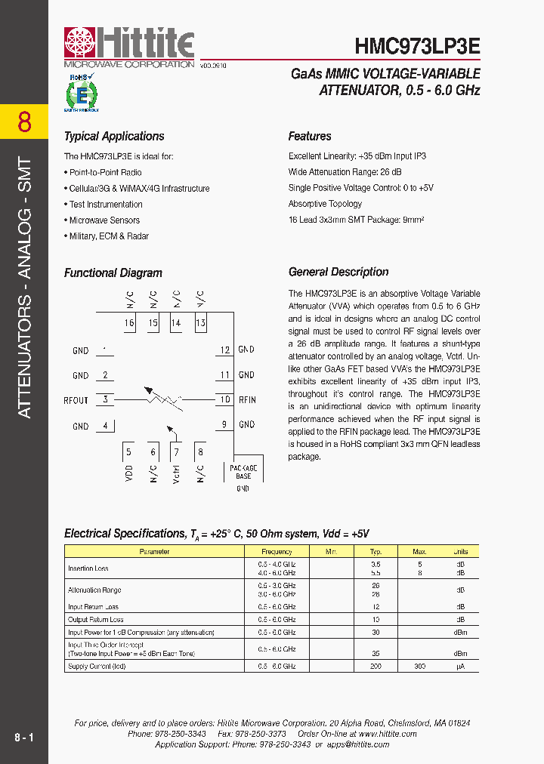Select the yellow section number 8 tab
pyautogui.click(x=24, y=122)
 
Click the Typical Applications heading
pyautogui.click(x=114, y=137)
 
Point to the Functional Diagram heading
pyautogui.click(x=113, y=273)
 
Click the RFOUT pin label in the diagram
pyautogui.click(x=76, y=400)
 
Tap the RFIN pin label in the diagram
pyautogui.click(x=247, y=400)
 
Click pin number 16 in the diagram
pyautogui.click(x=129, y=323)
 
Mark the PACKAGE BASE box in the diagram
pyautogui.click(x=243, y=472)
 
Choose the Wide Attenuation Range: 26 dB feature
pyautogui.click(x=344, y=172)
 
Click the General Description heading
pyautogui.click(x=338, y=273)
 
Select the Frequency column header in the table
pyautogui.click(x=277, y=552)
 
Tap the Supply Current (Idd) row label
pyautogui.click(x=97, y=667)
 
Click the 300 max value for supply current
pyautogui.click(x=420, y=667)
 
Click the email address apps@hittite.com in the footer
pyautogui.click(x=357, y=744)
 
